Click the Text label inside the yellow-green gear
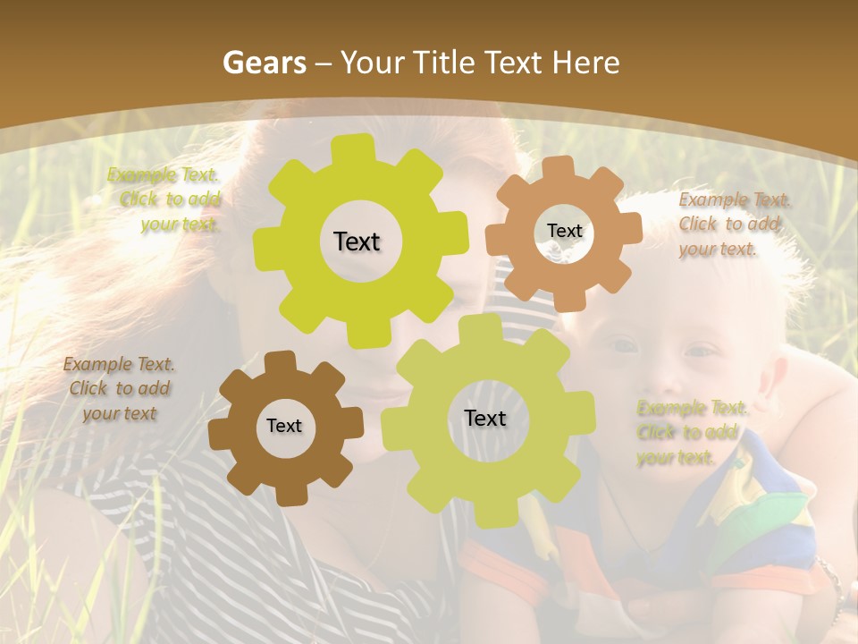coord(357,241)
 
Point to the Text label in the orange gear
coord(564,231)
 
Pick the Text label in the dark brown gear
coord(284,427)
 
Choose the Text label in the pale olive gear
coord(485,418)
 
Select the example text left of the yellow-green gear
coord(166,199)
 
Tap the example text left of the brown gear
coord(119,388)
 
